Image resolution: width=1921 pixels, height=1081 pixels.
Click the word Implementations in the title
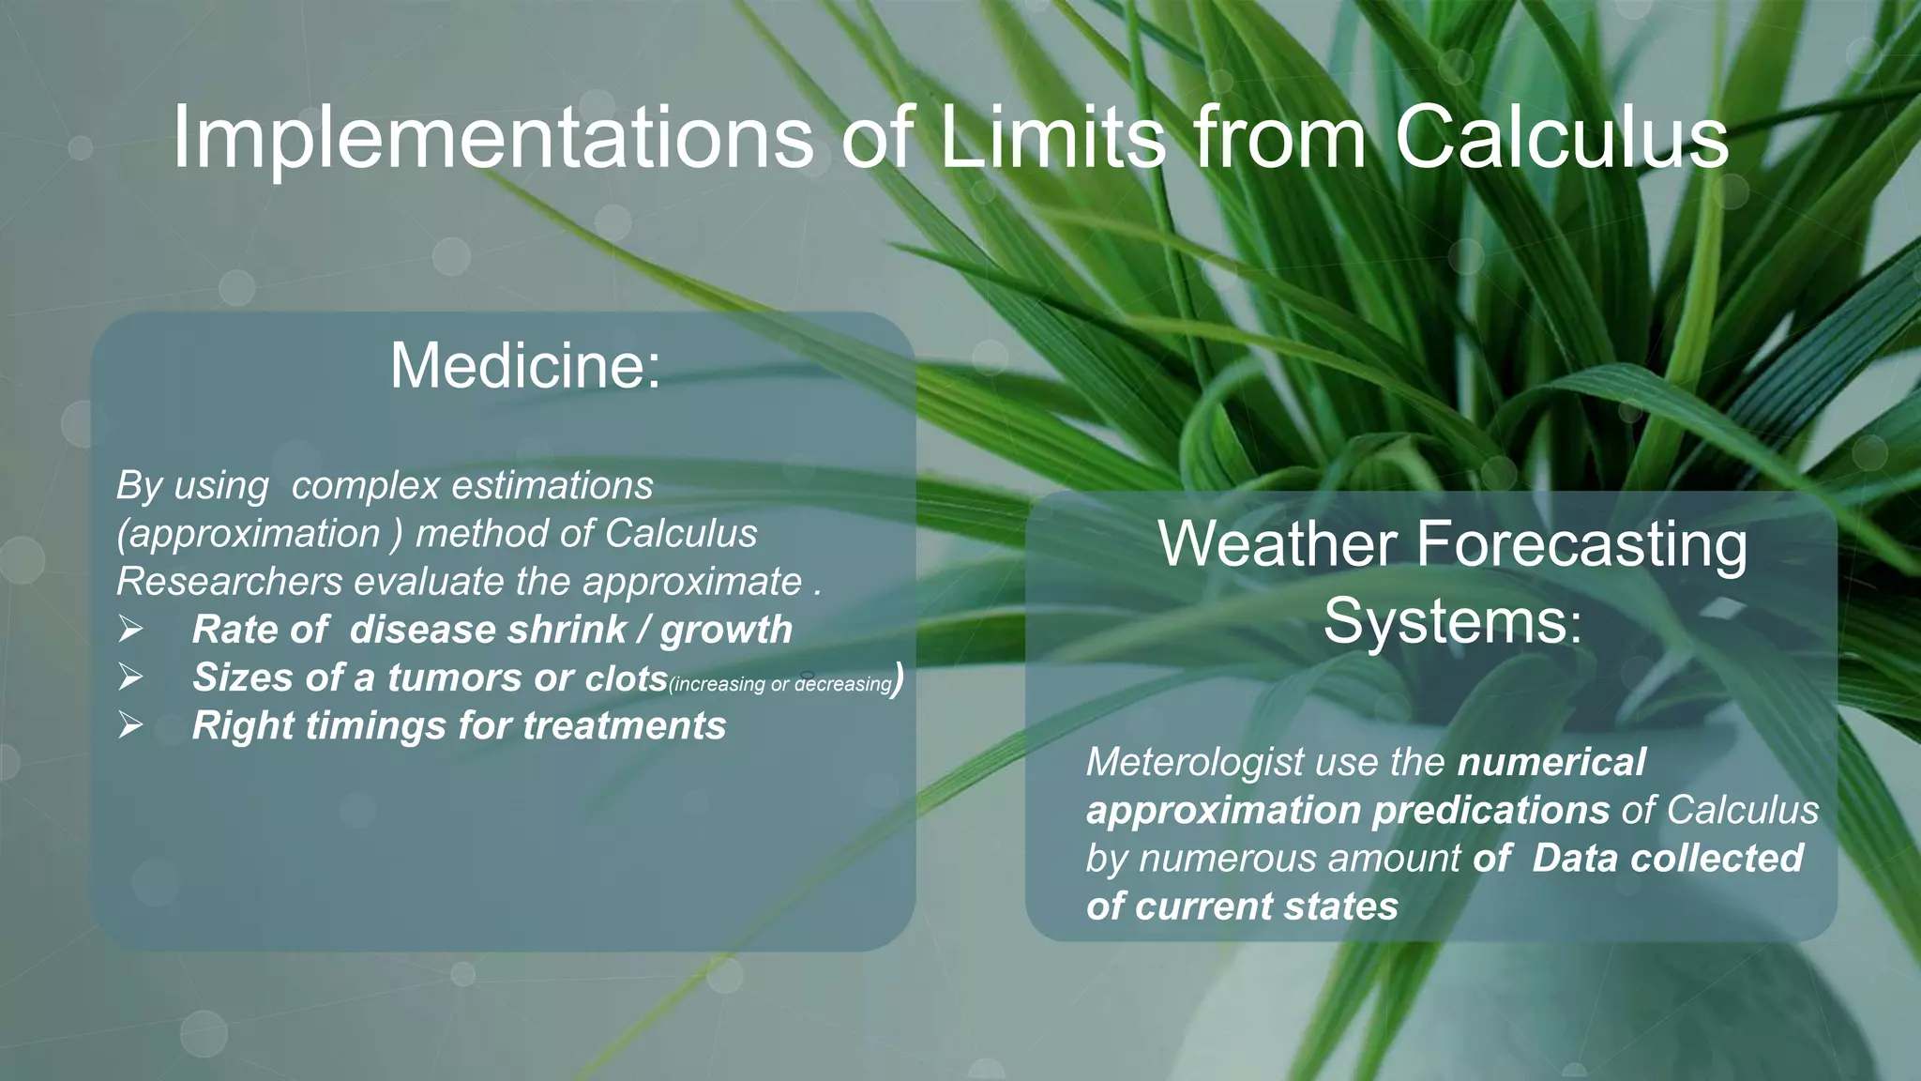point(492,139)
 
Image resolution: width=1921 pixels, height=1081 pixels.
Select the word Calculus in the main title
point(1561,139)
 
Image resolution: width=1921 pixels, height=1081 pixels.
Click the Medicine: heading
point(525,365)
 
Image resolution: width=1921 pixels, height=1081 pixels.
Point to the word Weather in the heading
point(1277,543)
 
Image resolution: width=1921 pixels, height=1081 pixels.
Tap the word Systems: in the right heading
point(1453,620)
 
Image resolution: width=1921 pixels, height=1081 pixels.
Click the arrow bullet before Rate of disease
point(130,630)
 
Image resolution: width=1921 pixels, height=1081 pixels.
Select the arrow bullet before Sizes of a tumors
point(130,678)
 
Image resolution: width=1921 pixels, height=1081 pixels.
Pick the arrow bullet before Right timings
point(130,725)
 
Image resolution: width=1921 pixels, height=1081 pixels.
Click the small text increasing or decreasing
point(780,684)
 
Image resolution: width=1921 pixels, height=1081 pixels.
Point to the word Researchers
point(230,582)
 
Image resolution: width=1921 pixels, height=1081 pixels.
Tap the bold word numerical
point(1551,762)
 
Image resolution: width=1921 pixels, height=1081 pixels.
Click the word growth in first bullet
point(726,630)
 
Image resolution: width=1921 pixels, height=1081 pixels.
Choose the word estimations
point(552,486)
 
